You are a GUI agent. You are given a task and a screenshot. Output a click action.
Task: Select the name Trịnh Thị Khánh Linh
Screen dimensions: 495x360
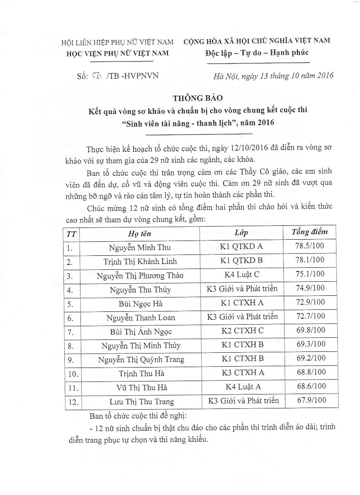click(x=140, y=262)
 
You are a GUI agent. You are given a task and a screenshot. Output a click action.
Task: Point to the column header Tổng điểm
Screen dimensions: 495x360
click(x=310, y=232)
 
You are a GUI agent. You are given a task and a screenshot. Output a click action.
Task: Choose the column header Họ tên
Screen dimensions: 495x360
click(x=140, y=233)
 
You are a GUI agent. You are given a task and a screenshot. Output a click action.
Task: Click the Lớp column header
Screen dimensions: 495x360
click(x=242, y=232)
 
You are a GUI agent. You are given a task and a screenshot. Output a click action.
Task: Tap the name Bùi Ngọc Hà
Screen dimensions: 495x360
click(x=140, y=304)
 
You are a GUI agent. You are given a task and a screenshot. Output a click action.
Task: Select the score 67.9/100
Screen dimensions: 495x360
click(x=311, y=400)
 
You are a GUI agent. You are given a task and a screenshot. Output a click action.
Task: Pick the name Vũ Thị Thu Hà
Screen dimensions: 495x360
click(x=140, y=387)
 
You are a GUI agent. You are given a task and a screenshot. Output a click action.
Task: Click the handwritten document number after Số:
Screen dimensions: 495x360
click(x=98, y=75)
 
